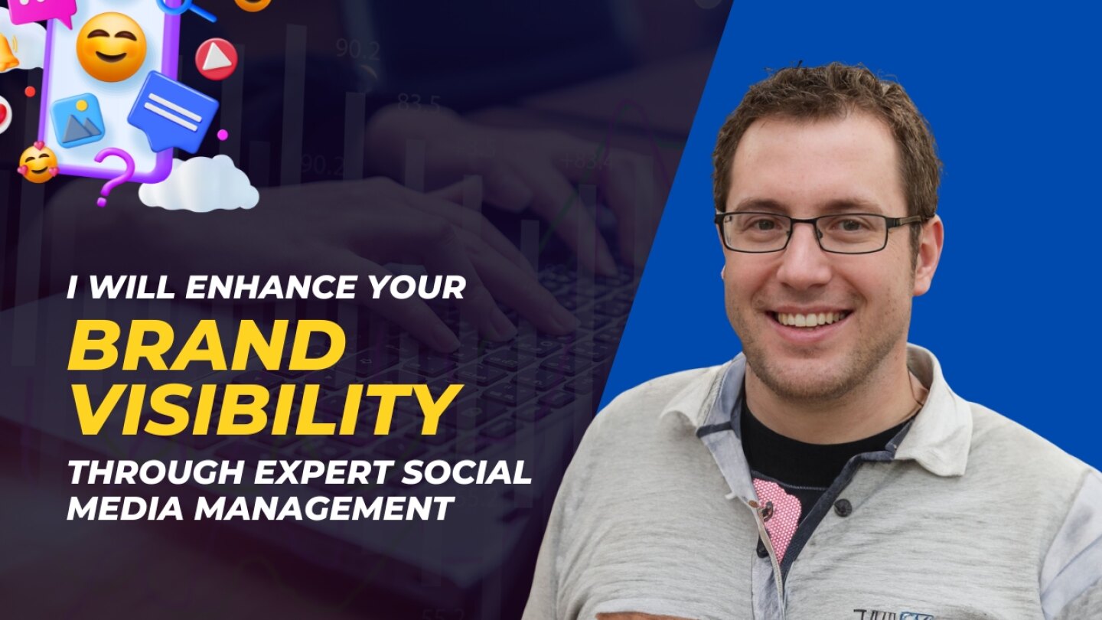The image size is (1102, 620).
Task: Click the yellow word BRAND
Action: coord(207,346)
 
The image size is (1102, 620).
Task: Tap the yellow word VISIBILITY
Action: coord(265,410)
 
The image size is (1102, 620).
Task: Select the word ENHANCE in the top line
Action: coord(269,287)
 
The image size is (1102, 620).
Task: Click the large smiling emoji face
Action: coord(112,46)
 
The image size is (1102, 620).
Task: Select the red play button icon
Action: coord(217,59)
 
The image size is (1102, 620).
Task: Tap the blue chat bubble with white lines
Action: coord(172,111)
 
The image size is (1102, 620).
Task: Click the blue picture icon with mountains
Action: coord(78,120)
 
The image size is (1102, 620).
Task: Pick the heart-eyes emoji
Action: coord(38,162)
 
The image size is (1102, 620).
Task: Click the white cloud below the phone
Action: coord(199,184)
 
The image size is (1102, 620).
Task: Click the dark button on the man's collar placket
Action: coord(843,507)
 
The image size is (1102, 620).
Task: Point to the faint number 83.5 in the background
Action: coord(419,104)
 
